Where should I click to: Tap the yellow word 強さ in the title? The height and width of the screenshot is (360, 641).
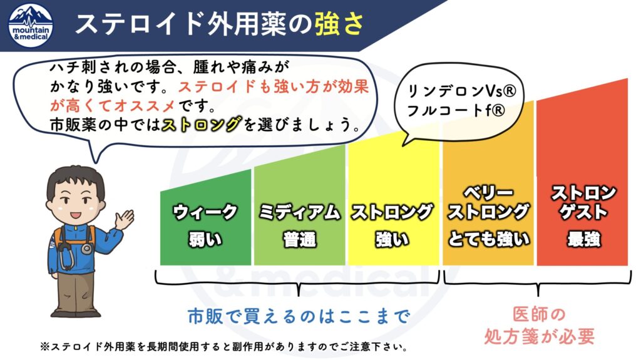click(339, 24)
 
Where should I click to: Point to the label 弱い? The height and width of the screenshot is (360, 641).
click(205, 240)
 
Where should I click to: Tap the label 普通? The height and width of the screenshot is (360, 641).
click(300, 240)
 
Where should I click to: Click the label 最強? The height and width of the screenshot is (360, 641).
click(584, 239)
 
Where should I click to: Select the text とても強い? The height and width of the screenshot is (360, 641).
click(489, 239)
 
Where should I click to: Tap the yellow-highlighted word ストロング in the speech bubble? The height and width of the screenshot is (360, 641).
click(202, 125)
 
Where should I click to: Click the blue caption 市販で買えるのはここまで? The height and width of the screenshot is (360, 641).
click(299, 317)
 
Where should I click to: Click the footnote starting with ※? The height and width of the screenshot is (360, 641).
click(225, 347)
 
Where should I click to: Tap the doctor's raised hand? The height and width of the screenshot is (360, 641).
click(125, 220)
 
